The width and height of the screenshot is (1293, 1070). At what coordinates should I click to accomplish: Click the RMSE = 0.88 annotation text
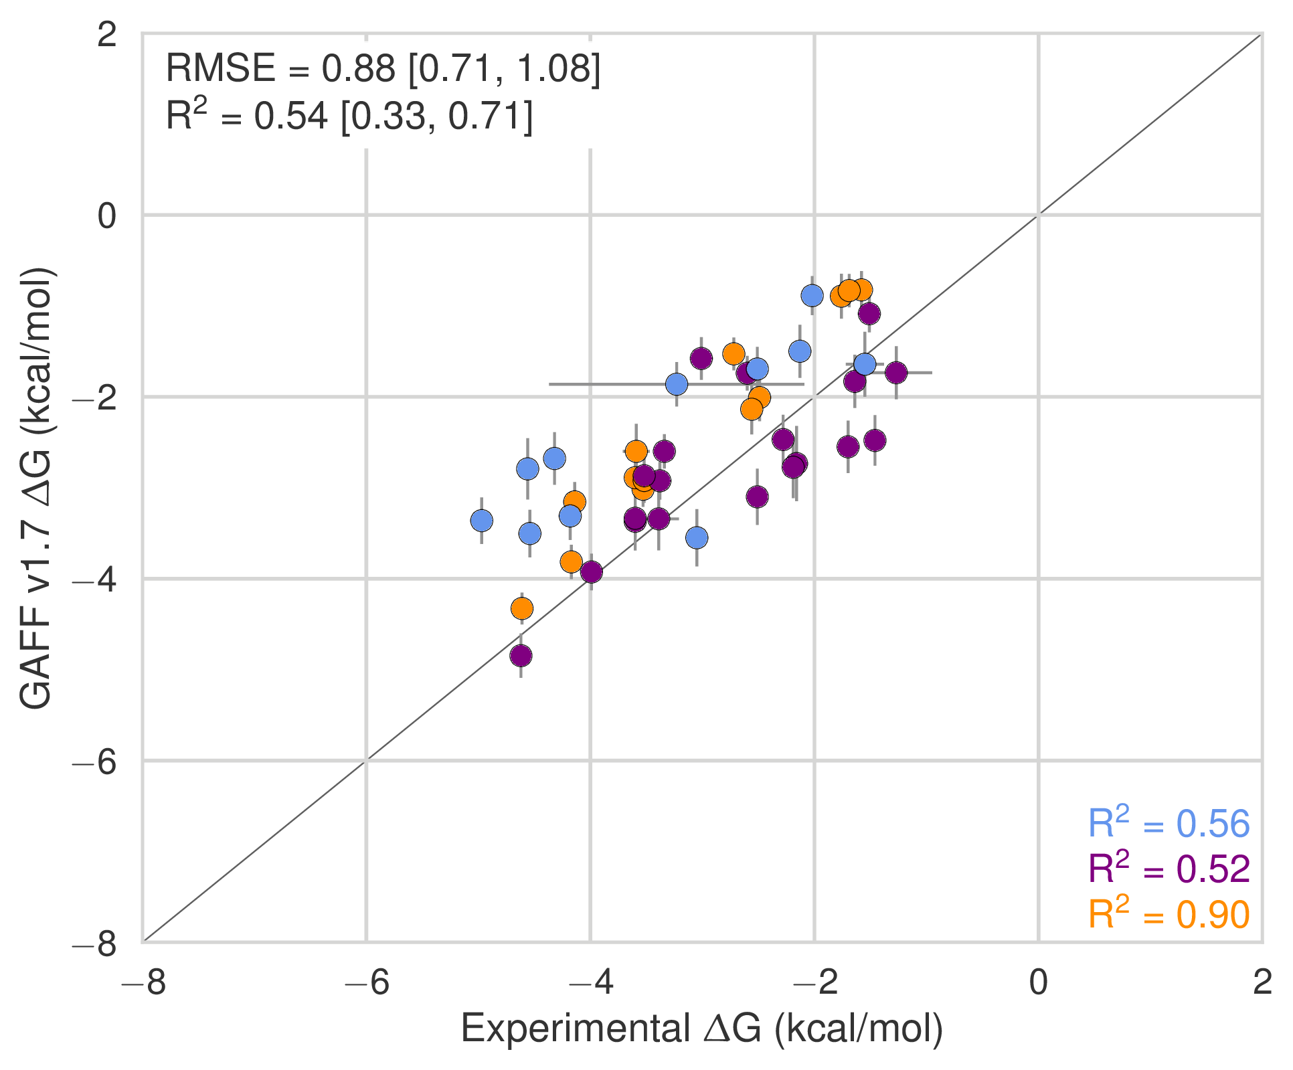coord(383,68)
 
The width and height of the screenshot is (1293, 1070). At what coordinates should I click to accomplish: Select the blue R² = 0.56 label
coord(1169,823)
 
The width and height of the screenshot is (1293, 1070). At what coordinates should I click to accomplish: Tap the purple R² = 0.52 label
coord(1169,869)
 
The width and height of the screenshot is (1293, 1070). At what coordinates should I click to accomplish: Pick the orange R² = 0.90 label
coord(1169,914)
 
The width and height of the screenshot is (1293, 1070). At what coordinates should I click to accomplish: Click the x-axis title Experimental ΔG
coord(701,1028)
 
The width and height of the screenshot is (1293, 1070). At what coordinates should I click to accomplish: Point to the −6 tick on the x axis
coord(366,982)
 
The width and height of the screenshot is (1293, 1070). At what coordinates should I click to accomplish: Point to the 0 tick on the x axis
coord(1038,982)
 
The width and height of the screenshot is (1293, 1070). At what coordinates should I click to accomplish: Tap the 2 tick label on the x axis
coord(1262,982)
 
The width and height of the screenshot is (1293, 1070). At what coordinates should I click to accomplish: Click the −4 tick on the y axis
coord(98,579)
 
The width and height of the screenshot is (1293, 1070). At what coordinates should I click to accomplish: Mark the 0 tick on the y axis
coord(107,215)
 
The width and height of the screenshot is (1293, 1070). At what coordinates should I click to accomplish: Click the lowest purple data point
coord(521,656)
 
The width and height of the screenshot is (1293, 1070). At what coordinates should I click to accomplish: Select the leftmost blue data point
coord(481,520)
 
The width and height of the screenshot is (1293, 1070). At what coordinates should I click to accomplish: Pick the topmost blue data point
coord(812,295)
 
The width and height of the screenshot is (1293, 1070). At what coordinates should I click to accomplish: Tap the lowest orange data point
coord(522,608)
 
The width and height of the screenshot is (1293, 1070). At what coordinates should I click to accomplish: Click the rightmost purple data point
coord(896,373)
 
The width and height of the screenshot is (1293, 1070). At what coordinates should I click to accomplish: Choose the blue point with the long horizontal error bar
coord(677,384)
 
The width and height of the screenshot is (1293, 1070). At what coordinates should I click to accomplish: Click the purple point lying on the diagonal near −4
coord(591,572)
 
